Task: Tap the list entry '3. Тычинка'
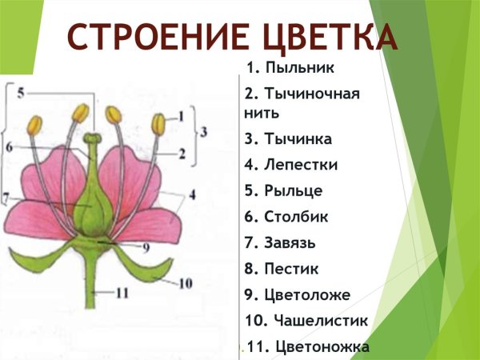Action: [288, 138]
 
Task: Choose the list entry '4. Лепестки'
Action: [291, 165]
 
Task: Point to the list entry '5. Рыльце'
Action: [284, 190]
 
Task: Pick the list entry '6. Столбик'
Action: [286, 216]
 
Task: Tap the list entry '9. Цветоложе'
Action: [298, 294]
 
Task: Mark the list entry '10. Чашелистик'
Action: [306, 321]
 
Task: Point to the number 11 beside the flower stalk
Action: [122, 293]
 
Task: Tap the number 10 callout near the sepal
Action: [186, 282]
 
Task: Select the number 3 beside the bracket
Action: [204, 131]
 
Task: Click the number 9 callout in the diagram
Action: [146, 247]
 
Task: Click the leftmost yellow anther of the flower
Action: [35, 125]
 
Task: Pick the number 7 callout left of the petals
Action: [6, 196]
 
